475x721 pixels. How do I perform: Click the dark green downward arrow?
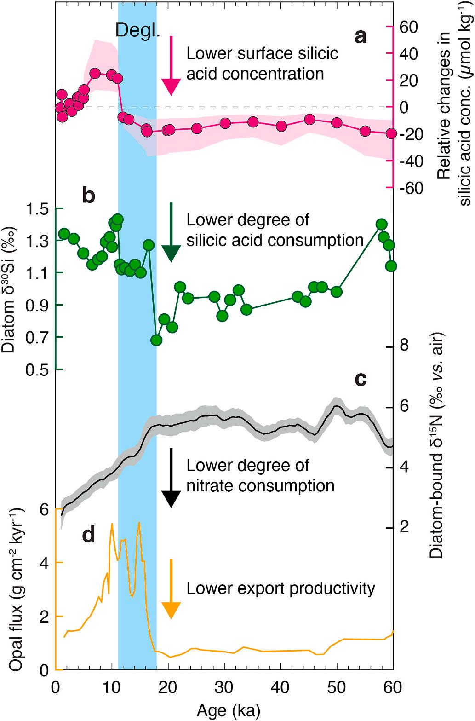pyautogui.click(x=171, y=232)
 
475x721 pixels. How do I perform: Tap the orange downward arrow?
pyautogui.click(x=171, y=588)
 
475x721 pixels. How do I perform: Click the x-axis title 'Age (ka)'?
pyautogui.click(x=224, y=710)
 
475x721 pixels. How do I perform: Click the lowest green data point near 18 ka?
pyautogui.click(x=156, y=340)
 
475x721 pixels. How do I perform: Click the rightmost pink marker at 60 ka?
pyautogui.click(x=391, y=133)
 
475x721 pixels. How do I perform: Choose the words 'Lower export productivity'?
pyautogui.click(x=280, y=588)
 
